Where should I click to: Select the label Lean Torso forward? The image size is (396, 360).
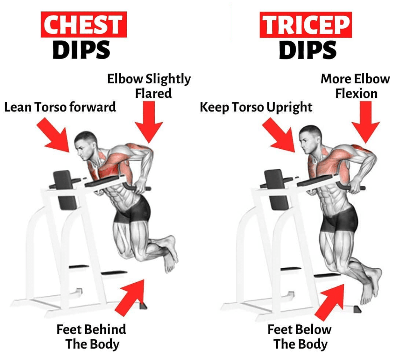tap(60, 107)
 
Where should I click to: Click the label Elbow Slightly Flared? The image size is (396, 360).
tap(149, 86)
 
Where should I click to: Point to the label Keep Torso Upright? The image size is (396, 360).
tap(256, 107)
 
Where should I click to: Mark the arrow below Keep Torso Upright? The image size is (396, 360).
tap(278, 134)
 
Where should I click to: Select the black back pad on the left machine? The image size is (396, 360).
tap(65, 190)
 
